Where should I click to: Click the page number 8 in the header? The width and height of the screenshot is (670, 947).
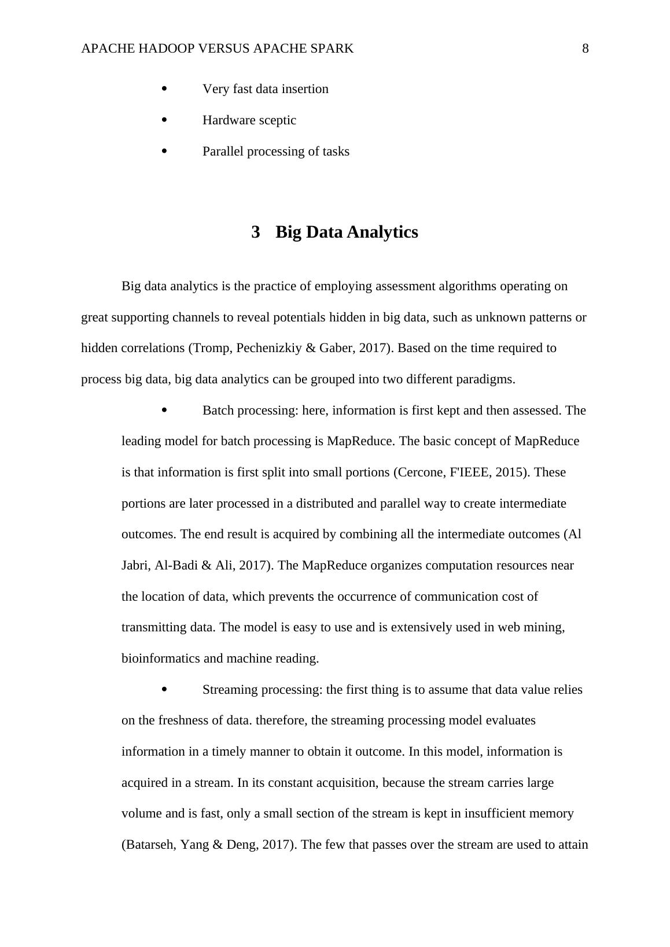click(585, 49)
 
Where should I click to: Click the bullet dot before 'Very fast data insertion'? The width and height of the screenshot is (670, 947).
click(164, 89)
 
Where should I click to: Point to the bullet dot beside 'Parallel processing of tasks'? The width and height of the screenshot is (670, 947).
click(164, 151)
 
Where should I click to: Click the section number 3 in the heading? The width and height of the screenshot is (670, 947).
click(256, 232)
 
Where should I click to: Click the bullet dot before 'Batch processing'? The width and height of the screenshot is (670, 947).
click(164, 410)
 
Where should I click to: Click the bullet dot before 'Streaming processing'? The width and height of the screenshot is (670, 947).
click(164, 690)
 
